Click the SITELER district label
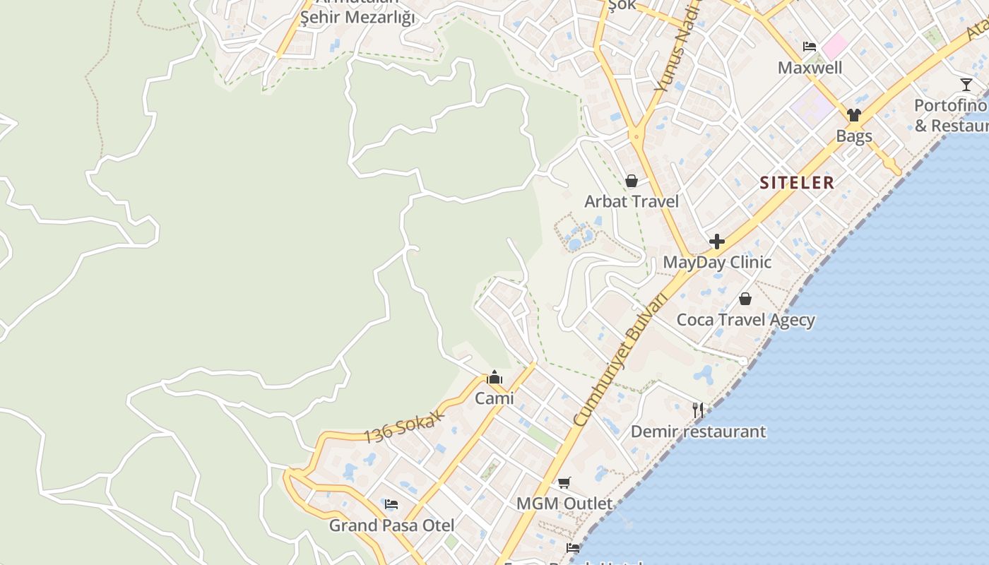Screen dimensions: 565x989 pos(797,183)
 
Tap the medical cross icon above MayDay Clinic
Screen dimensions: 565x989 pos(717,242)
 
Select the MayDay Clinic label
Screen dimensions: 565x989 pos(717,262)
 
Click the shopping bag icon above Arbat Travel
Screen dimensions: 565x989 pos(632,182)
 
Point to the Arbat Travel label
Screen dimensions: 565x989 pos(632,201)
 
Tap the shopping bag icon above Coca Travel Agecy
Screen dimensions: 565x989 pos(745,299)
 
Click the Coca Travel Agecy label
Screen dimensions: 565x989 pos(745,320)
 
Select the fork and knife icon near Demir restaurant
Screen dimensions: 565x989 pos(698,410)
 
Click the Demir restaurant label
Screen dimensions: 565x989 pos(698,431)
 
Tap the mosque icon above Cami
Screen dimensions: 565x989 pos(494,378)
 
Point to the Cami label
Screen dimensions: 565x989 pos(494,398)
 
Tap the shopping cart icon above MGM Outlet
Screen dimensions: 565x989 pos(564,483)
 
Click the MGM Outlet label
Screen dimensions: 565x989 pos(564,504)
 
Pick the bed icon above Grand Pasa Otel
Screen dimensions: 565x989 pos(391,504)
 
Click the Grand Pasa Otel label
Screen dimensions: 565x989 pos(391,525)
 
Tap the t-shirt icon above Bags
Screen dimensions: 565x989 pos(854,115)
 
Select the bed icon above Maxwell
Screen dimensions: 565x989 pos(810,47)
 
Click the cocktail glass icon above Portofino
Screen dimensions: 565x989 pos(966,85)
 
